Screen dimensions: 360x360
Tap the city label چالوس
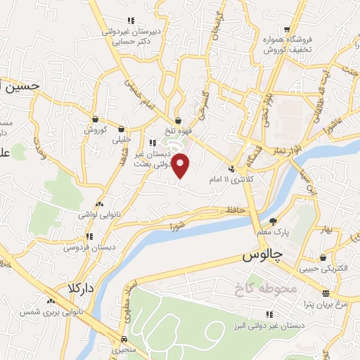(x=258, y=257)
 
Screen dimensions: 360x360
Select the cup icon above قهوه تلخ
(x=178, y=120)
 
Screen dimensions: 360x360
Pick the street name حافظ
(x=235, y=210)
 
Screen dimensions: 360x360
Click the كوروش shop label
(x=95, y=130)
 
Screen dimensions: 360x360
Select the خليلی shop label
(x=122, y=139)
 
